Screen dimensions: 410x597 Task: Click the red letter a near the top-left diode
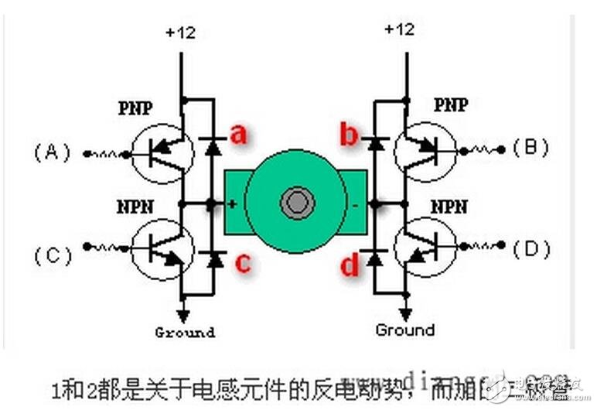click(239, 135)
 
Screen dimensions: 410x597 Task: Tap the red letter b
click(349, 136)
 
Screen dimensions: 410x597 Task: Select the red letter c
click(242, 263)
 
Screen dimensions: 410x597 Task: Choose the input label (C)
click(52, 254)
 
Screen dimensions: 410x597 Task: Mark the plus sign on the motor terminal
click(231, 205)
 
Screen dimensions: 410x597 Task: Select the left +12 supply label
click(181, 33)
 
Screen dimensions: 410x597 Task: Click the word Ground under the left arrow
click(184, 333)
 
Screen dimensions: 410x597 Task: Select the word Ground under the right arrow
click(405, 330)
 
